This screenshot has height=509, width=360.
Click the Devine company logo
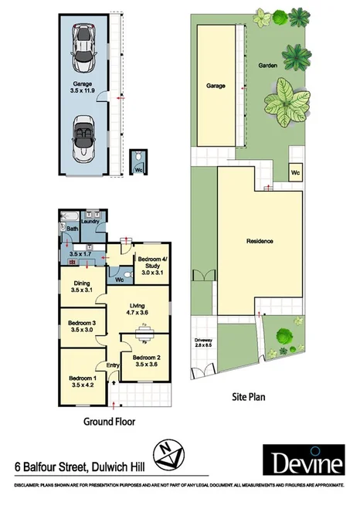306,463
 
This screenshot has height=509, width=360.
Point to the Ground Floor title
109,422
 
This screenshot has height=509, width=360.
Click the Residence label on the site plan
260,242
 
